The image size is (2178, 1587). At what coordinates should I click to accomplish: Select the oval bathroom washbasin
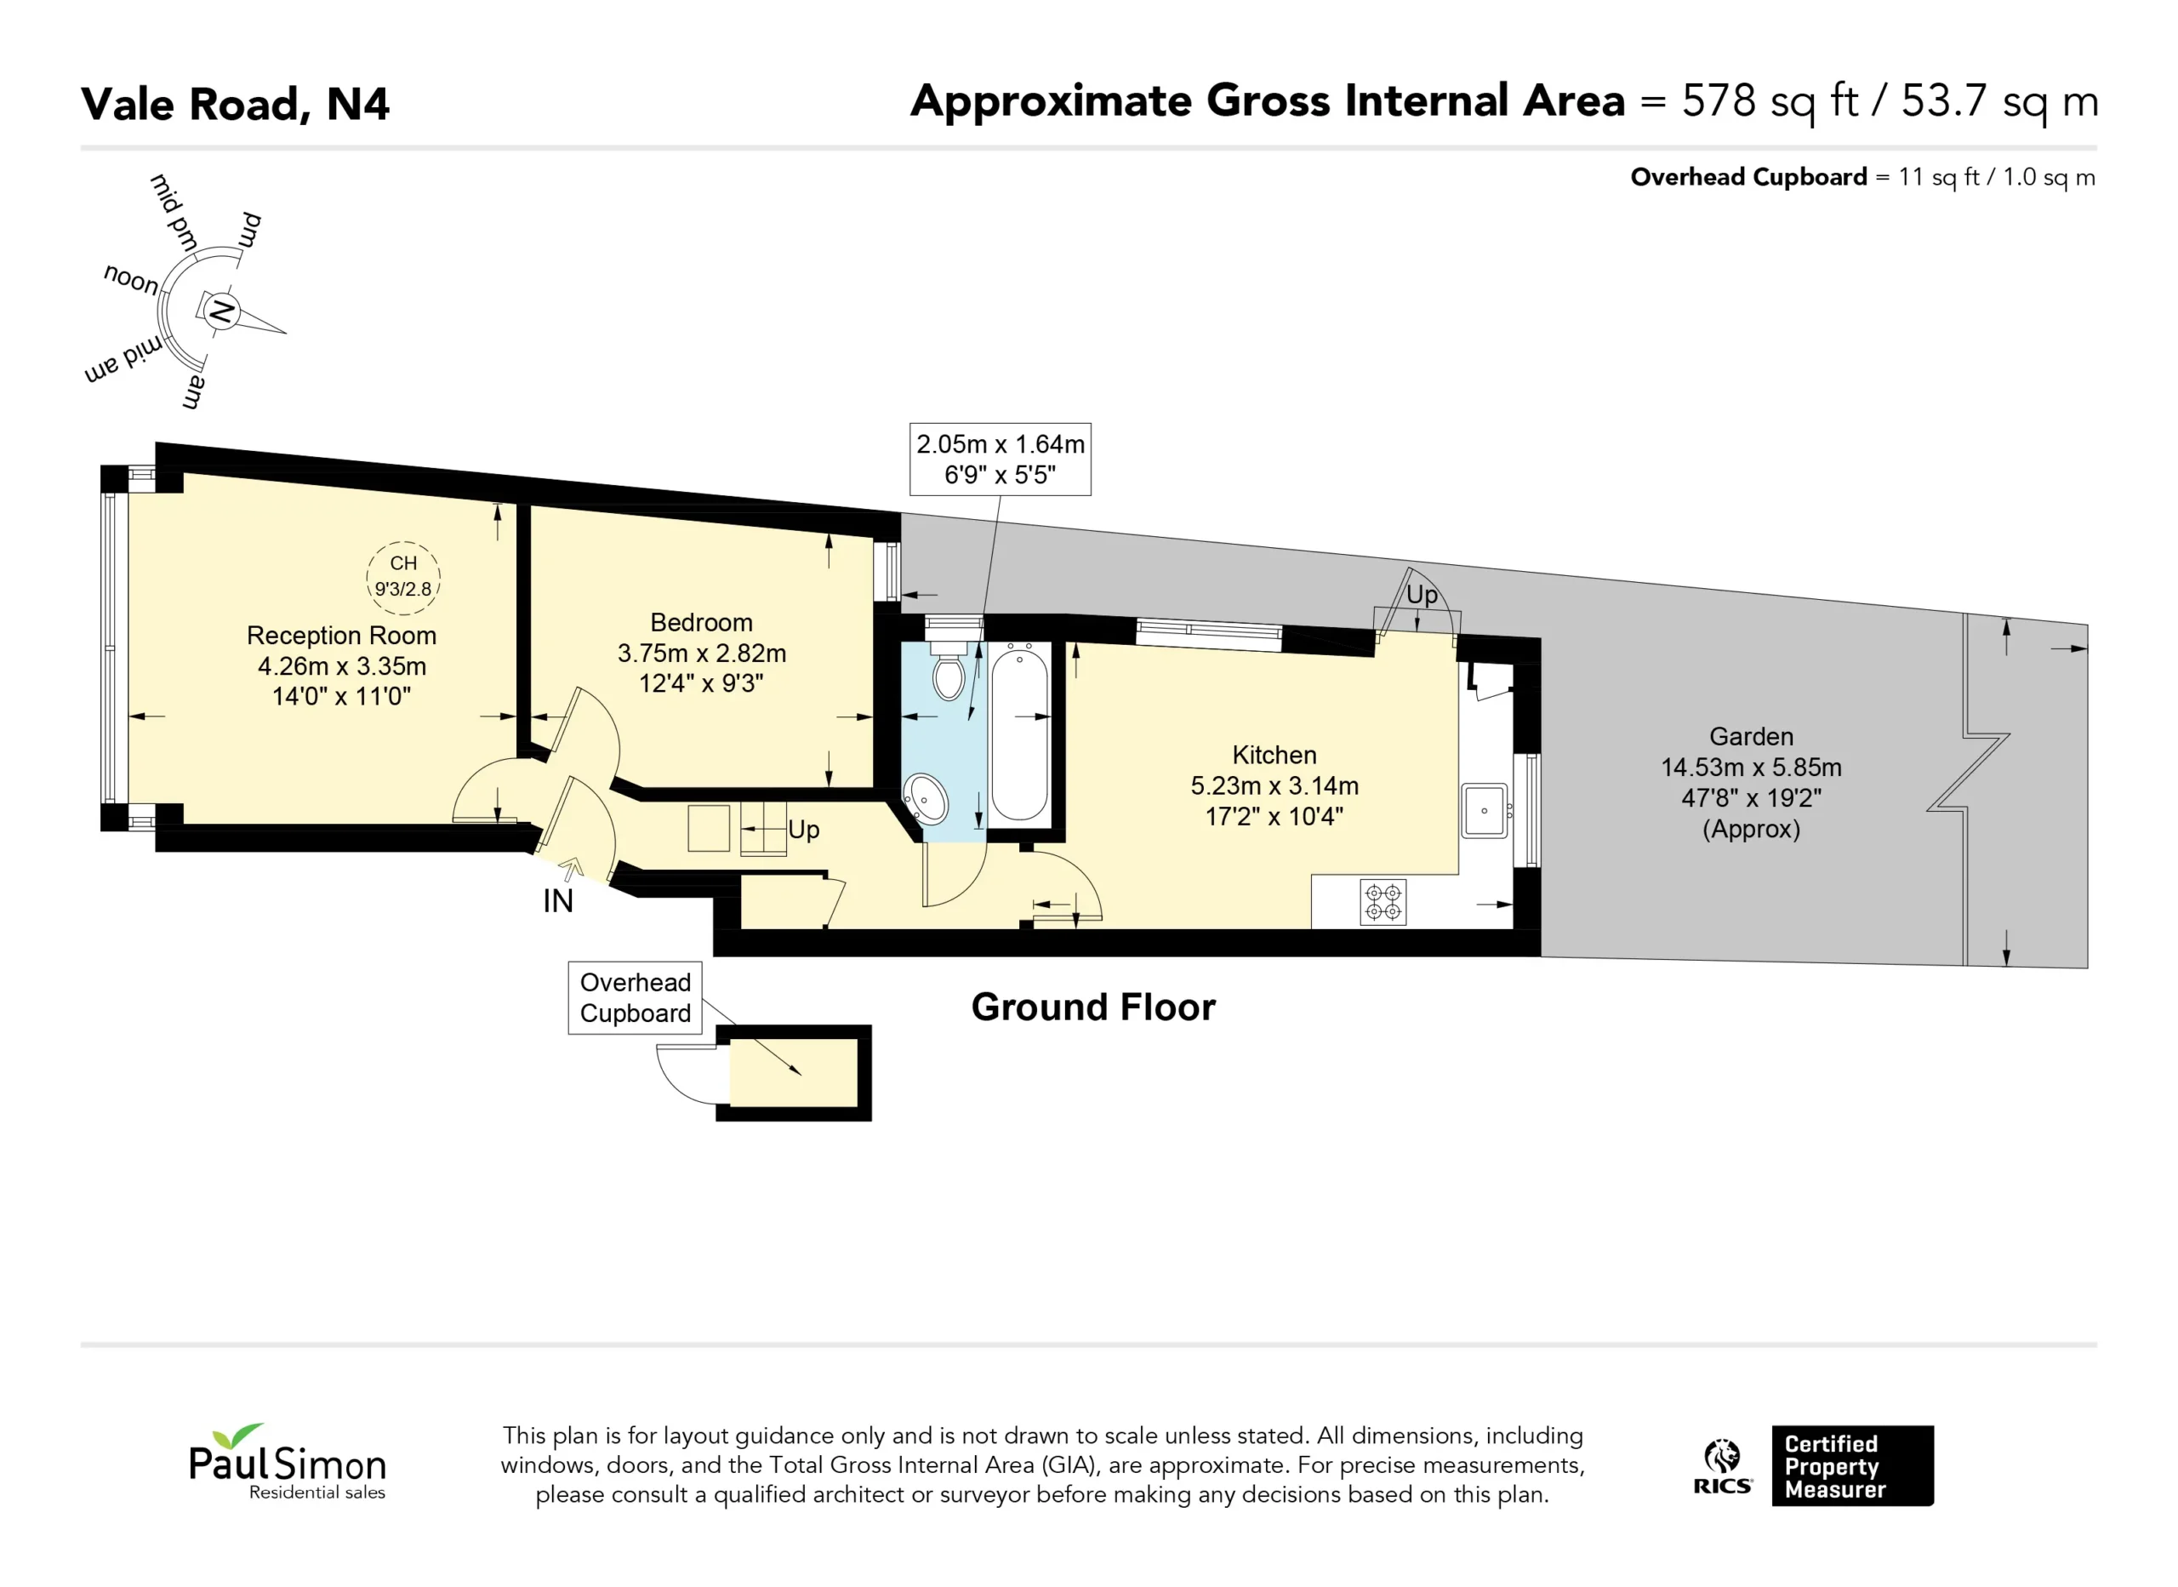pos(927,798)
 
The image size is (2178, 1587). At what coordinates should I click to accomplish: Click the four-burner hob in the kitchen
pos(1383,902)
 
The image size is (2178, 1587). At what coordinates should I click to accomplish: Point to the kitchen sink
pos(1485,811)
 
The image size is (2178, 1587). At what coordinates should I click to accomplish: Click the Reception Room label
pos(342,636)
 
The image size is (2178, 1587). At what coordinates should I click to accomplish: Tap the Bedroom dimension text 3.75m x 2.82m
pos(702,654)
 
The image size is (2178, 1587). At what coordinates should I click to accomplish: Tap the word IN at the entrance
pos(558,901)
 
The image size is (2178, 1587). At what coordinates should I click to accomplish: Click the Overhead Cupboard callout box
pos(635,998)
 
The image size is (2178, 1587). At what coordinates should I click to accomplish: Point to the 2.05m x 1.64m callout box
pos(1001,460)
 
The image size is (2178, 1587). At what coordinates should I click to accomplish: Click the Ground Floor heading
pos(1093,1007)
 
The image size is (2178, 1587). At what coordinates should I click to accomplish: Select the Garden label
pos(1752,737)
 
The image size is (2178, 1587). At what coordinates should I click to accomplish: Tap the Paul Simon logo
pos(287,1462)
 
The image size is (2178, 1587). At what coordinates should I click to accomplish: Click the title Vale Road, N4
pos(236,104)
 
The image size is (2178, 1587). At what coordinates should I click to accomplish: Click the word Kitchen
pos(1274,755)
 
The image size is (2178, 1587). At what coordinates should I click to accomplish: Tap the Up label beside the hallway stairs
pos(804,830)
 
